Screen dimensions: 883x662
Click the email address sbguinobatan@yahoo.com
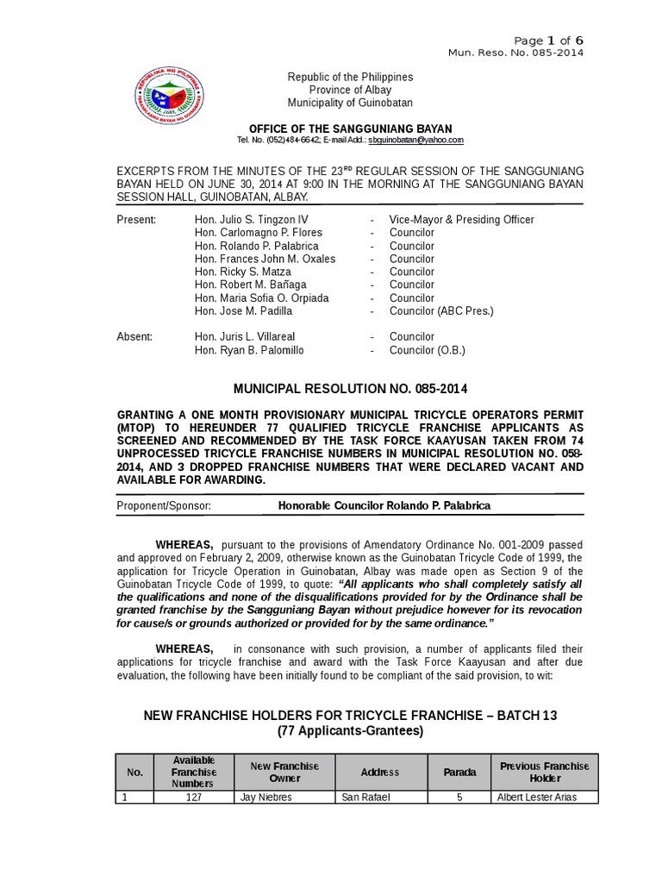click(416, 140)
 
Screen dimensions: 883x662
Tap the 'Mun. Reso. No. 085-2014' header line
click(515, 53)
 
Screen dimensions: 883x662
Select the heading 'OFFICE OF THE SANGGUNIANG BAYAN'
click(350, 128)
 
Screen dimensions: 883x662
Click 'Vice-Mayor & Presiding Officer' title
click(461, 220)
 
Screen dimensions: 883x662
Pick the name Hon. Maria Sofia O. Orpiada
click(262, 297)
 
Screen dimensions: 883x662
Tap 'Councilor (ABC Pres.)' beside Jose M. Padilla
click(441, 310)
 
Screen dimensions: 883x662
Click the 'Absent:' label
click(134, 337)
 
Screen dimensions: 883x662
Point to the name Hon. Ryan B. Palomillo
click(249, 350)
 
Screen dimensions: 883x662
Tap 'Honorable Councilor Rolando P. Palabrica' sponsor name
click(384, 505)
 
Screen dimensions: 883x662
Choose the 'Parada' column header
click(459, 772)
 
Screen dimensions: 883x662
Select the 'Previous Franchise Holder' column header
click(544, 772)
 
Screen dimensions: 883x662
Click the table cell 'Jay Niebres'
click(263, 798)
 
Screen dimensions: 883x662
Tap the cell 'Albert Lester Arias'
click(536, 798)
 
